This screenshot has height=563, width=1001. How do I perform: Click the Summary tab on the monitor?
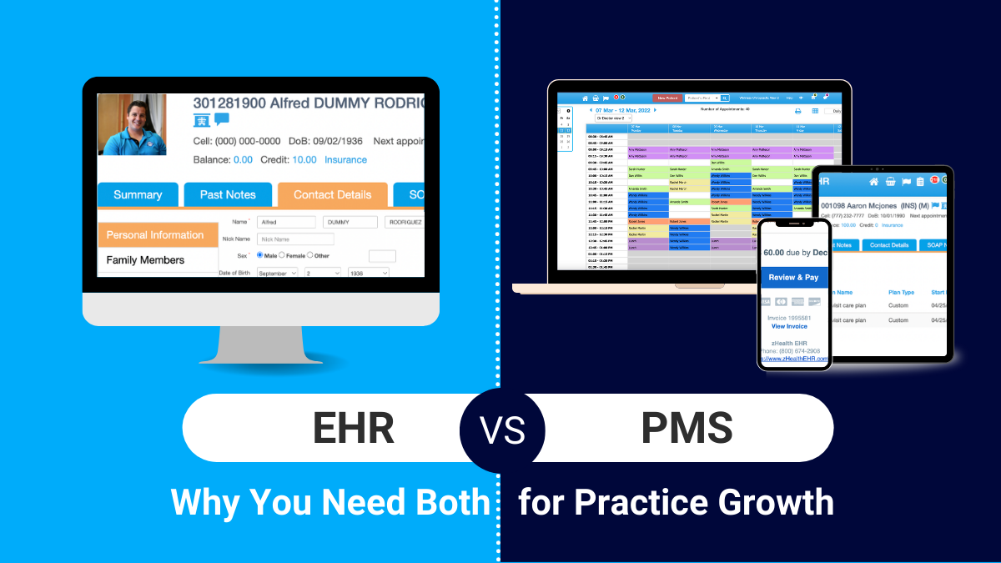coord(138,194)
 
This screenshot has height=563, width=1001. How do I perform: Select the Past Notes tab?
coord(228,194)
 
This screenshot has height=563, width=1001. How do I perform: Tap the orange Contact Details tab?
coord(332,194)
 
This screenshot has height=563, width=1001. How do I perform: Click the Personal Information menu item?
coord(155,235)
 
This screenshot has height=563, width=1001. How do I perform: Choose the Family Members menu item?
coord(145,260)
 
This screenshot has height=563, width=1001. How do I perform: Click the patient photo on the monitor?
coord(133,125)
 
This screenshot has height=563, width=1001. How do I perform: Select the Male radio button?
coord(260,255)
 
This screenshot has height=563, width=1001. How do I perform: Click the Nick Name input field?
coord(295,239)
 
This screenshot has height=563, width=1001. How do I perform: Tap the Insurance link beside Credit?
coord(345,160)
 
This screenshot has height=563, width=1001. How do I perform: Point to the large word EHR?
coord(353,429)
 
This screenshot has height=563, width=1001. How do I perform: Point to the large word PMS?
coord(687,429)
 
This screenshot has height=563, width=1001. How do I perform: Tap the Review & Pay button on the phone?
coord(793,277)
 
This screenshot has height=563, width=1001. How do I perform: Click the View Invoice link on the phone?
coord(788,326)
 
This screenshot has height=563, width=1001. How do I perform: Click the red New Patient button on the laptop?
coord(667,98)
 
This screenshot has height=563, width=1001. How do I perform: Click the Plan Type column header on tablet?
coord(901,293)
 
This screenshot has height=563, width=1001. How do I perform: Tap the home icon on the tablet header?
coord(873,181)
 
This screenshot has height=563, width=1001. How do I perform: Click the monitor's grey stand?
coord(260,344)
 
